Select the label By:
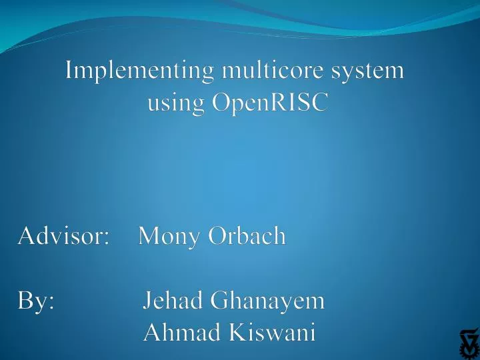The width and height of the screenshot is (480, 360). point(37,301)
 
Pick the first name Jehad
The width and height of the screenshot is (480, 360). point(173,301)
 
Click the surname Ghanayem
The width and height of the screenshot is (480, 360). point(267,301)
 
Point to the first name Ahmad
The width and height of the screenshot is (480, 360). point(181,333)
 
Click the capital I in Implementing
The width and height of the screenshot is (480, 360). point(69,70)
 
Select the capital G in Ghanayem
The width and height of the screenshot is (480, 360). point(218,301)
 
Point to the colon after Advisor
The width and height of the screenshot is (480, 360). point(107,238)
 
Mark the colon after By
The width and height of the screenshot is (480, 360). point(52,304)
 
